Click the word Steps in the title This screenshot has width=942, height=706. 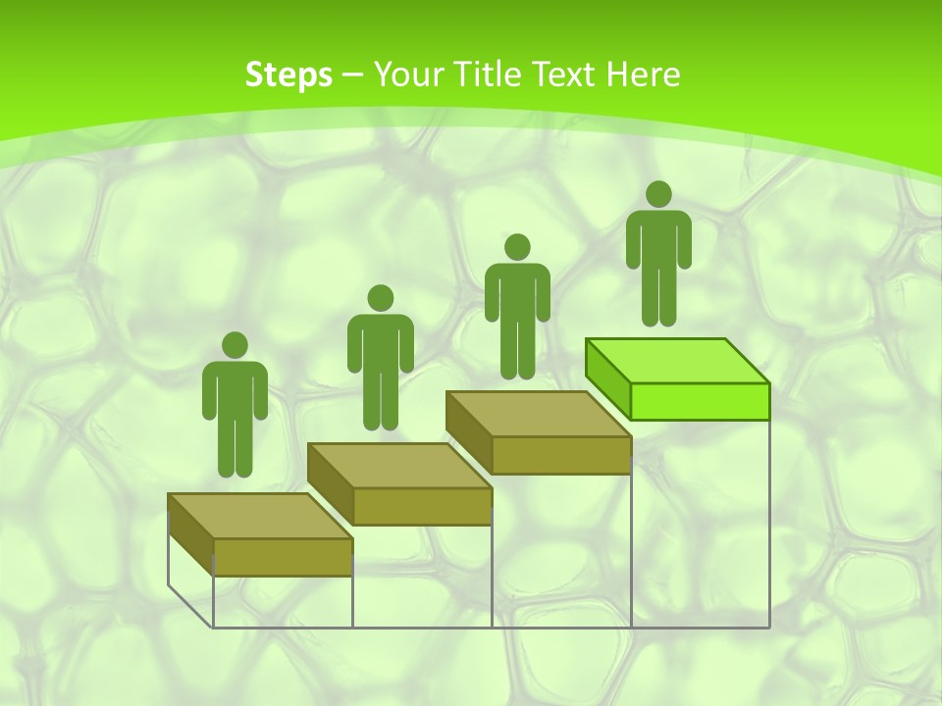[x=288, y=75]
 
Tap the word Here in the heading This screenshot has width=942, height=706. [x=644, y=75]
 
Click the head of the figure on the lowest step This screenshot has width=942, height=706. [x=235, y=345]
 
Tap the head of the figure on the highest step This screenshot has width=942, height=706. [x=658, y=194]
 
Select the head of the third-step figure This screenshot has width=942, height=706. [x=517, y=247]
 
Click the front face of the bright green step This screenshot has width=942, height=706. [x=700, y=400]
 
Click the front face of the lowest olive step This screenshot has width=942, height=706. [x=283, y=556]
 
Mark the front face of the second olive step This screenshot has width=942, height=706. [x=422, y=506]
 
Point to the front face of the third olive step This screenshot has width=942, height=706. [x=560, y=455]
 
